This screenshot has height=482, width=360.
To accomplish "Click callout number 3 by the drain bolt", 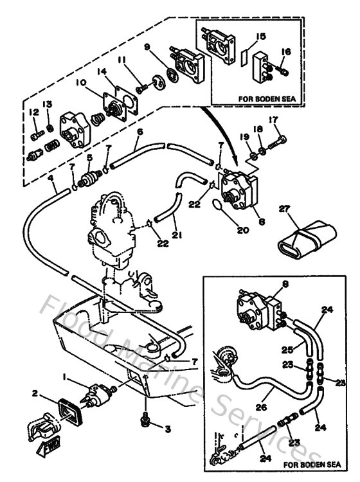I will [168, 428].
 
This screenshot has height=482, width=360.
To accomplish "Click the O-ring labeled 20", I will [219, 206].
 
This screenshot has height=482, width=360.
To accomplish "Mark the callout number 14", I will [101, 71].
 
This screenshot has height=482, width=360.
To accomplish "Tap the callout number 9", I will [147, 47].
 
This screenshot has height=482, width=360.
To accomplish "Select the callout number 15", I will [260, 37].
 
